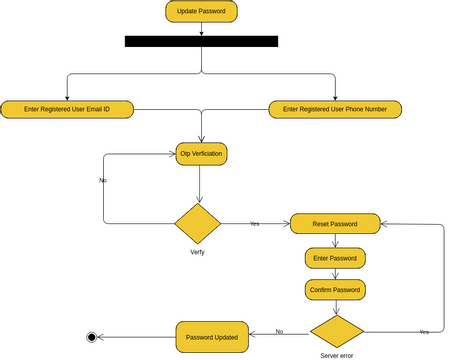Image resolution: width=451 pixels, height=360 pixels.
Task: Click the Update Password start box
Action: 201,12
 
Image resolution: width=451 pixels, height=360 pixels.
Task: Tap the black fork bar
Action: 201,41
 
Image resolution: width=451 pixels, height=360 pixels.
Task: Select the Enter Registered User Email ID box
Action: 68,109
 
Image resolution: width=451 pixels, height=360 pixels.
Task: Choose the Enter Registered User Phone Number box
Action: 335,109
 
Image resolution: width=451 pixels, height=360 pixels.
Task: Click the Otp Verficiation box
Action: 201,154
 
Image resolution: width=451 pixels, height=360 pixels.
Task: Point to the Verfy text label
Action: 198,252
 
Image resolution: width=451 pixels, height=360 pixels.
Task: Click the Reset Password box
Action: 335,224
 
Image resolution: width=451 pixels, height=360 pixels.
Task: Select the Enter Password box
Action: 335,258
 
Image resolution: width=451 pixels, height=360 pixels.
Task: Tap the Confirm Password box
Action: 335,290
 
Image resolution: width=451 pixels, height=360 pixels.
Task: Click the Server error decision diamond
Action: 336,331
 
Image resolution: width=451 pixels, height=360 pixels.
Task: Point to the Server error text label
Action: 336,355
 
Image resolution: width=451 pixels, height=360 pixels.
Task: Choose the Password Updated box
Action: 211,337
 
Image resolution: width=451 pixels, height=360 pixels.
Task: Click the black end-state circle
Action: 92,337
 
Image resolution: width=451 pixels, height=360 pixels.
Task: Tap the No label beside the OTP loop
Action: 103,180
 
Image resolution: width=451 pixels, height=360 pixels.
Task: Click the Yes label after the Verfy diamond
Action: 254,224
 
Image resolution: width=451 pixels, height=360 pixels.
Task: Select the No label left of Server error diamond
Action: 279,331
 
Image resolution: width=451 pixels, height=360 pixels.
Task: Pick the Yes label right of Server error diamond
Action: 424,331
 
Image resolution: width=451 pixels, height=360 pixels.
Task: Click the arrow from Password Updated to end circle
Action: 136,337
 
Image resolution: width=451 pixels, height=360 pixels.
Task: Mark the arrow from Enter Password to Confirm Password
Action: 335,274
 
